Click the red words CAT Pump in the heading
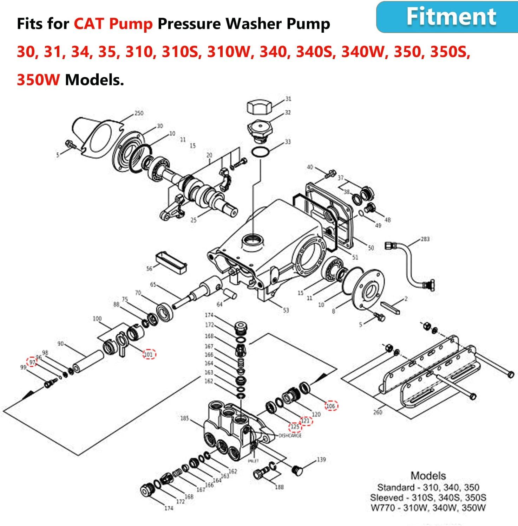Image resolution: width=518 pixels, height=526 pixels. pos(113,24)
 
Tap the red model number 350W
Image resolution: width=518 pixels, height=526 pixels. pos(38,80)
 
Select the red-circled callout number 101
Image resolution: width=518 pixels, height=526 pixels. pos(149,354)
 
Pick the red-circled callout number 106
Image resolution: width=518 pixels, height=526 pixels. pos(331,406)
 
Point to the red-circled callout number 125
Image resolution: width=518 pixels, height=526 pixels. pos(295,427)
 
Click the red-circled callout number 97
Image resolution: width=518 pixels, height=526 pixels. pos(32,362)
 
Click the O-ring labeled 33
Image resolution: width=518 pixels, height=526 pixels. pos(260,153)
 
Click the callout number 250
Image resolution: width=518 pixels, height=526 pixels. pos(139,113)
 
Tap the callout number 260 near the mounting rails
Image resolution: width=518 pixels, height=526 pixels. pos(378,412)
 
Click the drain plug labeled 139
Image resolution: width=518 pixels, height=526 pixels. pos(297,470)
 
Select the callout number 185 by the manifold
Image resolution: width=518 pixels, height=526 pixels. pos(184,418)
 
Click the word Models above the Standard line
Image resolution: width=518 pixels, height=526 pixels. pos(428,476)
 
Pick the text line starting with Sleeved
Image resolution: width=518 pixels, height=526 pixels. pos(428,498)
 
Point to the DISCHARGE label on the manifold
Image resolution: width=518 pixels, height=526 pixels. pos(290,436)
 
